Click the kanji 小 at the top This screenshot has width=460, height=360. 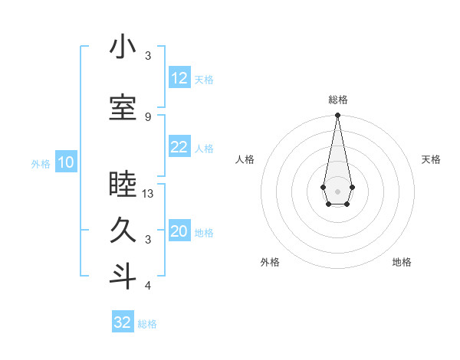tap(123, 47)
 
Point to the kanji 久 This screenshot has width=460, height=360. tap(123, 231)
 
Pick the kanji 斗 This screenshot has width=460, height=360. tap(123, 277)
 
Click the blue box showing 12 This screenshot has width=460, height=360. tap(179, 78)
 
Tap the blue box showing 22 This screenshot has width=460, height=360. tap(179, 147)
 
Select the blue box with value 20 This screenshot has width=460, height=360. tap(179, 232)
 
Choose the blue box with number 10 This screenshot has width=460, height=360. tap(66, 162)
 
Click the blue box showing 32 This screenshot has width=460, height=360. tap(123, 322)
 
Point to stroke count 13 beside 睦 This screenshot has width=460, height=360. tap(148, 194)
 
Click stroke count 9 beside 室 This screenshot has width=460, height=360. tap(148, 116)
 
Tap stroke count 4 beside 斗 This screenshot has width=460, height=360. tap(148, 286)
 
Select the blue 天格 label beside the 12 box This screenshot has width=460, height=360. tap(204, 79)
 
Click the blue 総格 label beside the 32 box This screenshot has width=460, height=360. tap(148, 324)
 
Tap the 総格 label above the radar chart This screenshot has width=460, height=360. tap(337, 100)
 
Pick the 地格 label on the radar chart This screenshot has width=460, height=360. tap(402, 262)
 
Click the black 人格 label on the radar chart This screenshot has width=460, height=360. tap(245, 159)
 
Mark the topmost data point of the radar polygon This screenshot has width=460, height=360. tap(337, 116)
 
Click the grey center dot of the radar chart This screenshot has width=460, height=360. tap(337, 190)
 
